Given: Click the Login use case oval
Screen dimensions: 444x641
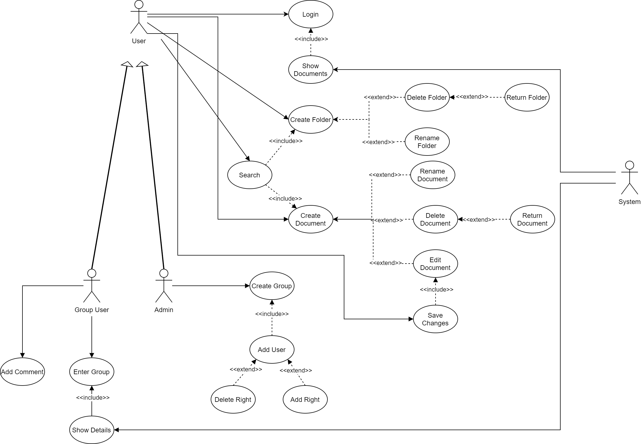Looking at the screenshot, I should point(311,14).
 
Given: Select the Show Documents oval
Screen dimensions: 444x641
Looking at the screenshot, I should point(311,70).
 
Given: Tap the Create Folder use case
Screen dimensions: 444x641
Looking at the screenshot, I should point(311,120).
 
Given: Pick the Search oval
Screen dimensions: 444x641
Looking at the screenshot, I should point(250,175).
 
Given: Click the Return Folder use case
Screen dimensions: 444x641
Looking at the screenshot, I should point(527,97).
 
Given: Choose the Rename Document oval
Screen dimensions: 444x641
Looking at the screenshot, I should point(432,175).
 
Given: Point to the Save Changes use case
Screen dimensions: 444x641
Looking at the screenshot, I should point(435,319).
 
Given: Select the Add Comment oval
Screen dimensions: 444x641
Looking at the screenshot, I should point(22,372).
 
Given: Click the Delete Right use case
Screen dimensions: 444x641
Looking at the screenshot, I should point(233,399).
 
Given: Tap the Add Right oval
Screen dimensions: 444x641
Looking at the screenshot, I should point(305,399).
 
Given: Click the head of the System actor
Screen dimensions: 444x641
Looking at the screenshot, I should point(629,165).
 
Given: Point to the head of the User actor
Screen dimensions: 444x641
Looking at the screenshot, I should point(139,4).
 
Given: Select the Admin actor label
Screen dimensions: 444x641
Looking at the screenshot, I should point(164,310).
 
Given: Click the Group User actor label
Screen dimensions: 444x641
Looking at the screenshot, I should point(91,310).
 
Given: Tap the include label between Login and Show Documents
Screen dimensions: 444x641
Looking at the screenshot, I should point(311,39).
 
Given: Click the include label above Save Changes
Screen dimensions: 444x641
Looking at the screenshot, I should point(436,290).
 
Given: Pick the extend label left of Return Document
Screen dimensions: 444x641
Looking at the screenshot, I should point(479,220).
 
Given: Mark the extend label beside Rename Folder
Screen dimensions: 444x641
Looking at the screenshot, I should point(378,142).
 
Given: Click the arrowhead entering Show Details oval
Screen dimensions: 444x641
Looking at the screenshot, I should point(116,430).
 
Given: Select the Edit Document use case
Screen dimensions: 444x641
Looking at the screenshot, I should point(435,264).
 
